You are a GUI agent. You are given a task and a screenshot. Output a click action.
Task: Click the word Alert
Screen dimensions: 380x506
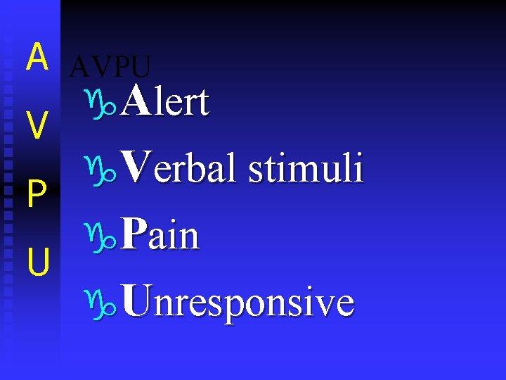point(165,102)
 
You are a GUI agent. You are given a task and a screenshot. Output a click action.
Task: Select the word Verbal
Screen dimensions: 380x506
point(178,169)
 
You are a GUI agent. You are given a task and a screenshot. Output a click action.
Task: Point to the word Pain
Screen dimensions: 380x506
point(160,236)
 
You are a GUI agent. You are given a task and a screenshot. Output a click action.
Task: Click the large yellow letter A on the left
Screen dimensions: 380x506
point(37,58)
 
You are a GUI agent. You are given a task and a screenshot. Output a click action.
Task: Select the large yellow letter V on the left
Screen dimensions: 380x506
point(37,127)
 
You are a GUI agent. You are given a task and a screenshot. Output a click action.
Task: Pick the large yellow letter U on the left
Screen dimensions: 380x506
point(38,262)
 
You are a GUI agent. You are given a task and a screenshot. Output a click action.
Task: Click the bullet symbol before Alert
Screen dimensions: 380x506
point(105,103)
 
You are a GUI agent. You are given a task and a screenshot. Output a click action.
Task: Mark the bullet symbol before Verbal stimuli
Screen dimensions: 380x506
point(105,170)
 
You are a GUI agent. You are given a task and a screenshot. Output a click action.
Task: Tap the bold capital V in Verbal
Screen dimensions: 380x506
point(135,169)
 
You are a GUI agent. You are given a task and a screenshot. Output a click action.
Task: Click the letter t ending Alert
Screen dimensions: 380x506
point(203,104)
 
